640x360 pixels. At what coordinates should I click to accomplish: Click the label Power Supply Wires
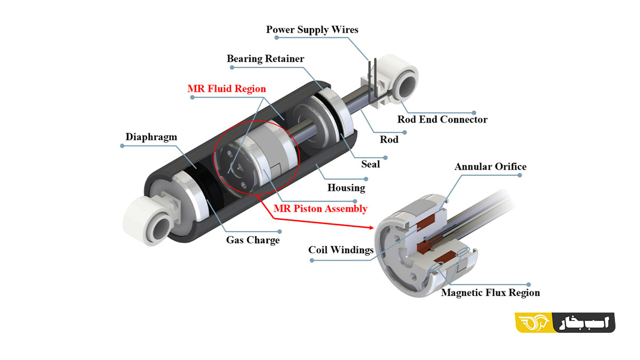tap(312, 29)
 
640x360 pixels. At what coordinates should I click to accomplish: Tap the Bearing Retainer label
tap(266, 59)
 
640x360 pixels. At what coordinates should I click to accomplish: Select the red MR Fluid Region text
tap(227, 89)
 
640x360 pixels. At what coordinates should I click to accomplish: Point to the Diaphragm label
tap(151, 137)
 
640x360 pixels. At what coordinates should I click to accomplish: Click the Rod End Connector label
tap(442, 119)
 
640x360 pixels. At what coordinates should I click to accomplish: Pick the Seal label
tap(371, 164)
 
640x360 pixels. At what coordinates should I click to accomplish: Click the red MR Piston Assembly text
tap(320, 209)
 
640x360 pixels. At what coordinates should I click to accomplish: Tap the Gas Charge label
tap(253, 240)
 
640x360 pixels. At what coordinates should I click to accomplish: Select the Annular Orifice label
tap(490, 167)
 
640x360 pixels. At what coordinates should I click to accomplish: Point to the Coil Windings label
tap(341, 250)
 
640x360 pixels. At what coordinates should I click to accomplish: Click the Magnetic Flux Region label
tap(490, 293)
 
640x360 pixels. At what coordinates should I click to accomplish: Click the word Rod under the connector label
tap(389, 140)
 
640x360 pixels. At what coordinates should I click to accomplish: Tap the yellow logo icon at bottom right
tap(534, 323)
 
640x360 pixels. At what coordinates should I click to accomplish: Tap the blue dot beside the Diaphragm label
tap(122, 146)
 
